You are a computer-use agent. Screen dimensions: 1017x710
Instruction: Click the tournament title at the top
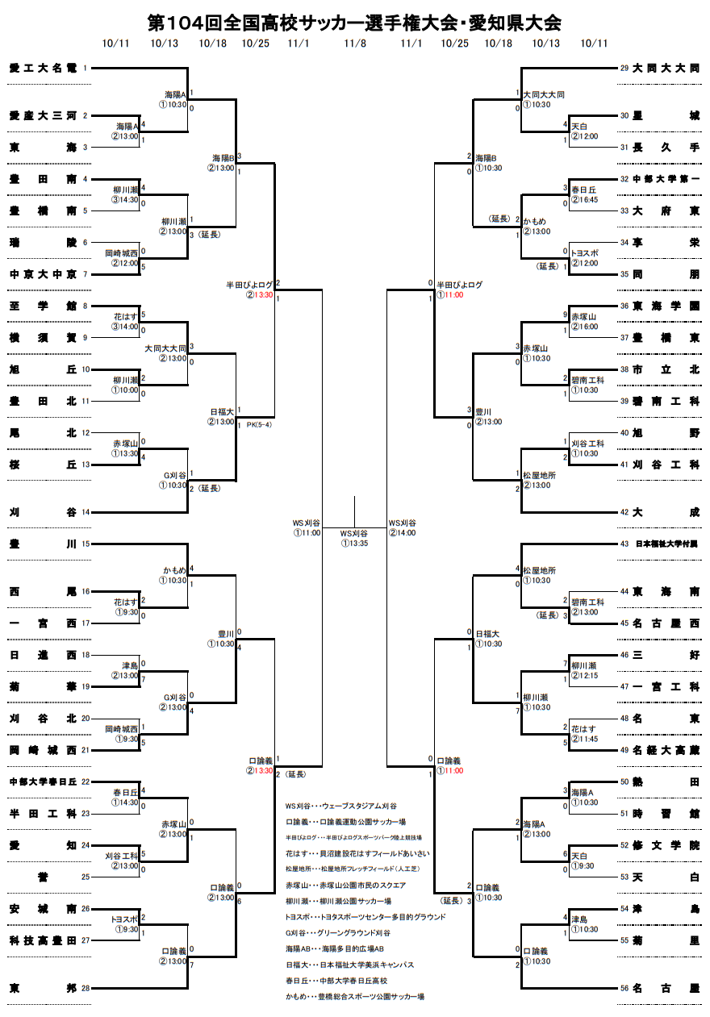point(354,23)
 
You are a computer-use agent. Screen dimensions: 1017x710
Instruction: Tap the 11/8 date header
point(354,43)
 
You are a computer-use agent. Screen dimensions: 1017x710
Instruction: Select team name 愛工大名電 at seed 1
point(43,69)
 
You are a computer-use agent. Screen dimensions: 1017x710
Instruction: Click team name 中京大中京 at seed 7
point(43,274)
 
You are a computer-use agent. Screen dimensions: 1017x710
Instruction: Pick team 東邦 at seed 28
point(43,988)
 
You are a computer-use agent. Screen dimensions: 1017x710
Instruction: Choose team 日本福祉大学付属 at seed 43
point(667,544)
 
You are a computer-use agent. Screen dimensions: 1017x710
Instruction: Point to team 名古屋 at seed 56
point(666,988)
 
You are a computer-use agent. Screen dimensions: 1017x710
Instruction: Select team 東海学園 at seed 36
point(666,306)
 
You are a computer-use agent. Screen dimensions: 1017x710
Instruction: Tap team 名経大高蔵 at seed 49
point(666,750)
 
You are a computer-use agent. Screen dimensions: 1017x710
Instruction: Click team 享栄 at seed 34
point(666,242)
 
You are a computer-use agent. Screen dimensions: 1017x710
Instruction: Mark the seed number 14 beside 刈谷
point(85,512)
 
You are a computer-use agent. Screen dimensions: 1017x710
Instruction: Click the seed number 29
point(624,69)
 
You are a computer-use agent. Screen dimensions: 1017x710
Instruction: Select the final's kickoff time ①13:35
point(354,544)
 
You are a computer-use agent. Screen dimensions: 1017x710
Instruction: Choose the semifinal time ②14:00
point(403,533)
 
